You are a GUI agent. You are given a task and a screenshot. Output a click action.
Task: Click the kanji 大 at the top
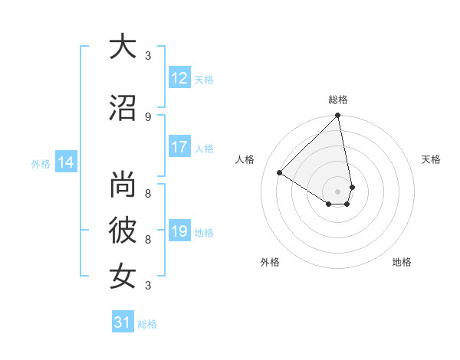(122, 47)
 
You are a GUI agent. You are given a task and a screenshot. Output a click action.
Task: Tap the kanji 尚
(122, 185)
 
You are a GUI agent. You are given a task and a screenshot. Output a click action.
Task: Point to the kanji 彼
(122, 229)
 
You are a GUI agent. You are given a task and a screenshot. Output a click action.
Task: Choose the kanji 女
(122, 275)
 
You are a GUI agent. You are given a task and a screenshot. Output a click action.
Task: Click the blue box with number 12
(179, 77)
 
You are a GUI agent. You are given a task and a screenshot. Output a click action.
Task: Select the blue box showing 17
(179, 147)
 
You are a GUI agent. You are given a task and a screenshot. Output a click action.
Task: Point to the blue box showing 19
(179, 231)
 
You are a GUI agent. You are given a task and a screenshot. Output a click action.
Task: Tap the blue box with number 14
(65, 162)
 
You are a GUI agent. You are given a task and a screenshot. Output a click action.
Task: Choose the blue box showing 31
(122, 322)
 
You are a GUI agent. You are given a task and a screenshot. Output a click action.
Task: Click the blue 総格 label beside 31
(147, 324)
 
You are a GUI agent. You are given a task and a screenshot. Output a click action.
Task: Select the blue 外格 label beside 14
(41, 163)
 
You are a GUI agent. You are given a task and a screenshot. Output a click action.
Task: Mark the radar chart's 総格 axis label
(338, 100)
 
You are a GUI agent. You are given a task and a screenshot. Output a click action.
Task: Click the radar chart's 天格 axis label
(431, 159)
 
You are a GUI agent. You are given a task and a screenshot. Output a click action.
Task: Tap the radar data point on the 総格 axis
(338, 116)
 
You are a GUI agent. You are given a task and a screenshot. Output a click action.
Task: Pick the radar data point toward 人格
(280, 173)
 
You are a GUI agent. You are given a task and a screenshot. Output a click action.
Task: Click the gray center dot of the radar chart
(338, 190)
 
